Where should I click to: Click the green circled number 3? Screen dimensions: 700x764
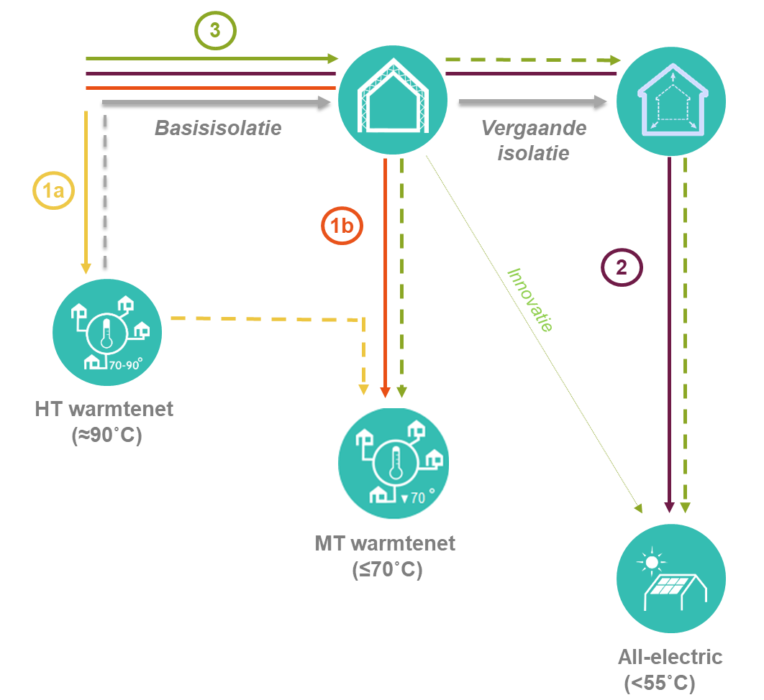[x=215, y=31]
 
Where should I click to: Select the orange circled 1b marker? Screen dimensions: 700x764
[x=342, y=226]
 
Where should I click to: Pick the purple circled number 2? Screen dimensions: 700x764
[x=621, y=267]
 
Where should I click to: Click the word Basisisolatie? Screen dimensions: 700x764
[x=218, y=129]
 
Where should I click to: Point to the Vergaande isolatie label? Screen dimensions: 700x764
[x=533, y=140]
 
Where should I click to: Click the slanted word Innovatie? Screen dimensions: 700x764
[x=530, y=300]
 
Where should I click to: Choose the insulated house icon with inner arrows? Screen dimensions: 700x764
[x=670, y=100]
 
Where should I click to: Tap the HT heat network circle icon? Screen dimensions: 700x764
[x=107, y=332]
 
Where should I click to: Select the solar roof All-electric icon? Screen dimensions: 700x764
[x=671, y=579]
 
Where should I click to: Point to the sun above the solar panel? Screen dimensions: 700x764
[x=652, y=559]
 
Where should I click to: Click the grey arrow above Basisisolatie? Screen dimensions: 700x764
[x=216, y=103]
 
